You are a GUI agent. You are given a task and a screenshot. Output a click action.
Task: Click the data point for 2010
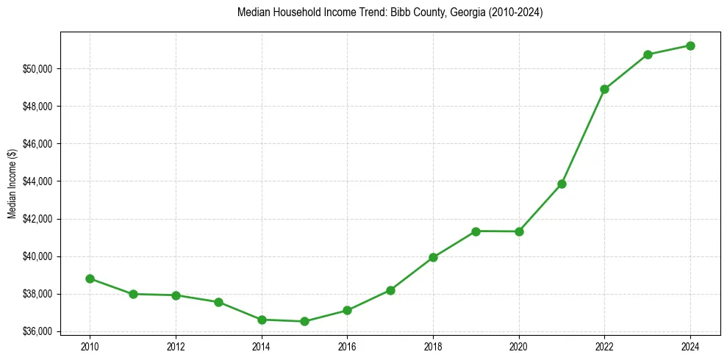[x=90, y=278]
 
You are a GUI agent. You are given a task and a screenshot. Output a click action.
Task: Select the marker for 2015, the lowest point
[x=304, y=321]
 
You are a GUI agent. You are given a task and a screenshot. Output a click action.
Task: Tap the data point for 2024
[x=690, y=46]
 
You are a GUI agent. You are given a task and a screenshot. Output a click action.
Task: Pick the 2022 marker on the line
[x=604, y=89]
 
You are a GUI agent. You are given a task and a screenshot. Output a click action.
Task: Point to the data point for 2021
[x=562, y=184]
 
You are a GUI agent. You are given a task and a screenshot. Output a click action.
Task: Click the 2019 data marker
[x=476, y=231]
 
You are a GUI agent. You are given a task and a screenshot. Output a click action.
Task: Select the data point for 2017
[x=390, y=290]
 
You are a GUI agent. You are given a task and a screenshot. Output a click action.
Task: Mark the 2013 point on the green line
[x=218, y=302]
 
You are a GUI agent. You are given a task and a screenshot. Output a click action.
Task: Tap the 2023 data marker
[x=648, y=54]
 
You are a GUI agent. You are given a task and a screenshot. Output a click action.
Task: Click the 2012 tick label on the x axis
[x=176, y=345]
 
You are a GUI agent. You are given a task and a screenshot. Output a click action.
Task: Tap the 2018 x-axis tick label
[x=433, y=345]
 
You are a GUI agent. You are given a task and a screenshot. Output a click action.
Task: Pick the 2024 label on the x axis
[x=690, y=345]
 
